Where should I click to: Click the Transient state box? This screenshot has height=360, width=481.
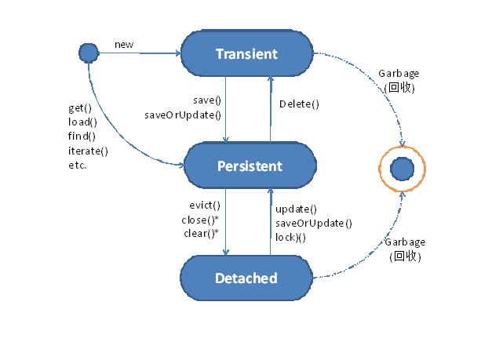[247, 53]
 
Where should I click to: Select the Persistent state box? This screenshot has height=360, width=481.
[250, 165]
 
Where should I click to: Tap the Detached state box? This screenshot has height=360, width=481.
[246, 278]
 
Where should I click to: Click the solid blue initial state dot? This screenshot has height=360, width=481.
[89, 53]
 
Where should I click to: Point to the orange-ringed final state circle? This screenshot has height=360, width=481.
[403, 169]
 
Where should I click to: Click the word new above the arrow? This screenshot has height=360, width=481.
[124, 45]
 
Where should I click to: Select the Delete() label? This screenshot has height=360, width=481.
[299, 104]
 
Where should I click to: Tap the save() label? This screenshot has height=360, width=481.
[207, 100]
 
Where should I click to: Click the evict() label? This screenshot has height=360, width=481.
[205, 205]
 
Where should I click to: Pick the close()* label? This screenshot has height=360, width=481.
[200, 220]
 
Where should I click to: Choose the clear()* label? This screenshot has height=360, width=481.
[201, 234]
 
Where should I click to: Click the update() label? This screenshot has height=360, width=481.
[296, 209]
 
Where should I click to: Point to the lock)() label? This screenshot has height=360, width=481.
[290, 238]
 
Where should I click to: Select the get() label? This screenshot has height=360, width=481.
[80, 108]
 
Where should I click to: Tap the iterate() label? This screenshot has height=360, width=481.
[88, 151]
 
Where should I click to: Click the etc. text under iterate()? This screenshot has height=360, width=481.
[78, 165]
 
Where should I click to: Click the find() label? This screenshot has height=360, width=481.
[82, 136]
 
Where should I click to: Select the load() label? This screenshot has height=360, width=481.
[82, 122]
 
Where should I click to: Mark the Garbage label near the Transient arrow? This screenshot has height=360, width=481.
[399, 74]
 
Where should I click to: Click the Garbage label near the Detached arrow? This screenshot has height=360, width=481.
[405, 242]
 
